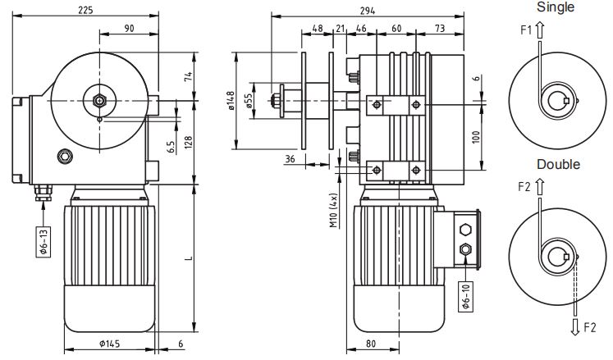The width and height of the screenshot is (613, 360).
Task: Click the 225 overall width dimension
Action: pyautogui.click(x=85, y=10)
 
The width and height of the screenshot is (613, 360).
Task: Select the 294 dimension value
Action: pyautogui.click(x=368, y=11)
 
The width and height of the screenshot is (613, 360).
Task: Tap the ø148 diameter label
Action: pyautogui.click(x=231, y=101)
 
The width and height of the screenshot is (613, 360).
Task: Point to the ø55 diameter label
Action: pyautogui.click(x=248, y=101)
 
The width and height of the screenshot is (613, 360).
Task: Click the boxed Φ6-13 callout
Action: pyautogui.click(x=43, y=242)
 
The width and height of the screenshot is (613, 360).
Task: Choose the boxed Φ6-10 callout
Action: pyautogui.click(x=465, y=297)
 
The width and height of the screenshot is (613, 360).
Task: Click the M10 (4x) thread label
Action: pyautogui.click(x=333, y=210)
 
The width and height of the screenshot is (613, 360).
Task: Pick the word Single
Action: pyautogui.click(x=555, y=7)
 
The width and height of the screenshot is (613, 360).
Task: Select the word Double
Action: pyautogui.click(x=558, y=164)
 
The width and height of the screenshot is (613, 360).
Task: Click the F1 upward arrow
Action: pyautogui.click(x=539, y=30)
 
